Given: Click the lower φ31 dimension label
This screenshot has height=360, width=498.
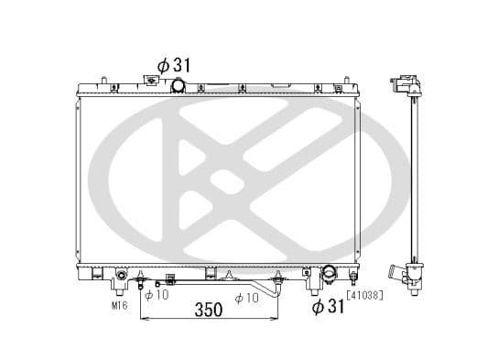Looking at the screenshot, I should click(328, 305).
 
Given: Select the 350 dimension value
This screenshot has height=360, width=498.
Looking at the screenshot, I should click(210, 310).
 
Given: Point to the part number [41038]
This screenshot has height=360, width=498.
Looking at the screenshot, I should click(364, 295).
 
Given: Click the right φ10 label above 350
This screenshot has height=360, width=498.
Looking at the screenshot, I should click(248, 297).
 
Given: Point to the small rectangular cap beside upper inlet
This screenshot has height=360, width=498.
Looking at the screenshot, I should click(152, 82).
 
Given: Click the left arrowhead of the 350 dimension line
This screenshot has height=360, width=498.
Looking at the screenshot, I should click(143, 319).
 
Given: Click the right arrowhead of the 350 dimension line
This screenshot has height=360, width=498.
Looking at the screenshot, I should click(278, 319).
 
